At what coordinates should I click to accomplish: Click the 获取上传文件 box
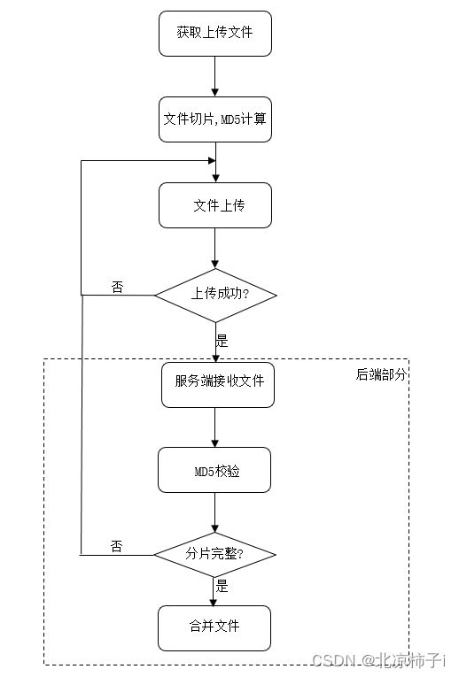tap(215, 34)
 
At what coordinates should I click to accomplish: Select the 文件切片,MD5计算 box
tap(215, 119)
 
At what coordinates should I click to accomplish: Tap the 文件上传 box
tap(215, 205)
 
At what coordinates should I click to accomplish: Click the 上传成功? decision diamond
tap(215, 296)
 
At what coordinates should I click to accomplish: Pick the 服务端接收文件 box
tap(218, 385)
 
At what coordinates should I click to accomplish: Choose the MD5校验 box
tap(214, 470)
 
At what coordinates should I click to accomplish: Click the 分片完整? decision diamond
tap(214, 555)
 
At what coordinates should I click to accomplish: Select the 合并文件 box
tap(214, 628)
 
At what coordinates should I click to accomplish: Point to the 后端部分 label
tap(381, 374)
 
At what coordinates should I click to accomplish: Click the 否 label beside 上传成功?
tap(117, 287)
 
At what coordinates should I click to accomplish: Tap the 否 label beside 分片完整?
tap(117, 547)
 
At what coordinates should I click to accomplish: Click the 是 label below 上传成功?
tap(222, 341)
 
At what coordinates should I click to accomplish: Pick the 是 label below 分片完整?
tap(222, 586)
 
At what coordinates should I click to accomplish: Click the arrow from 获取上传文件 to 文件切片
tap(214, 76)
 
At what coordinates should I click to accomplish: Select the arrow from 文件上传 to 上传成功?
tap(214, 249)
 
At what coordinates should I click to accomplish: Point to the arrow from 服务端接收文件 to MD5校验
tap(214, 427)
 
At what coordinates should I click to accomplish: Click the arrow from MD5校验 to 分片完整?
tap(214, 513)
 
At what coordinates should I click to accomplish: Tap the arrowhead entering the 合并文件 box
tap(213, 603)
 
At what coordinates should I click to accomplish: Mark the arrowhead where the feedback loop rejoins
tap(212, 160)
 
